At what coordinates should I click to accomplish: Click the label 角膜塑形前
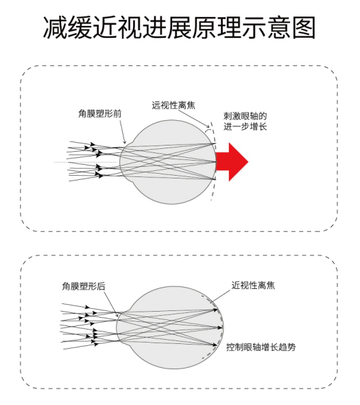[100, 113]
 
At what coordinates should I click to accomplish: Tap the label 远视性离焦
[173, 106]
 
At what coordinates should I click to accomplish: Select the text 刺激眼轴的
[245, 116]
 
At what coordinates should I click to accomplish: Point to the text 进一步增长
[245, 126]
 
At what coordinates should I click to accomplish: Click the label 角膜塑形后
[84, 286]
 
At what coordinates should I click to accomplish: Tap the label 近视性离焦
[253, 285]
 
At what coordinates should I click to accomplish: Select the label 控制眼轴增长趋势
[261, 347]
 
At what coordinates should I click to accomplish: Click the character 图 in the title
[304, 27]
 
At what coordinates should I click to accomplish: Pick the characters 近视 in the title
[117, 27]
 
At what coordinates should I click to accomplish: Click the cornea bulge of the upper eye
[123, 162]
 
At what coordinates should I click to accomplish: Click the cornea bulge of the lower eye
[119, 327]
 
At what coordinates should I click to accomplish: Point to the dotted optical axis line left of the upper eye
[86, 162]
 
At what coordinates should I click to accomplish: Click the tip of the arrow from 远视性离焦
[209, 128]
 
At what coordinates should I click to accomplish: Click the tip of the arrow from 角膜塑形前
[125, 143]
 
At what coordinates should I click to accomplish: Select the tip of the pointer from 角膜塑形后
[118, 316]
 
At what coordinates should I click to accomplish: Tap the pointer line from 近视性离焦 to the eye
[221, 296]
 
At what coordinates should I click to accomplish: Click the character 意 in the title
[280, 27]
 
